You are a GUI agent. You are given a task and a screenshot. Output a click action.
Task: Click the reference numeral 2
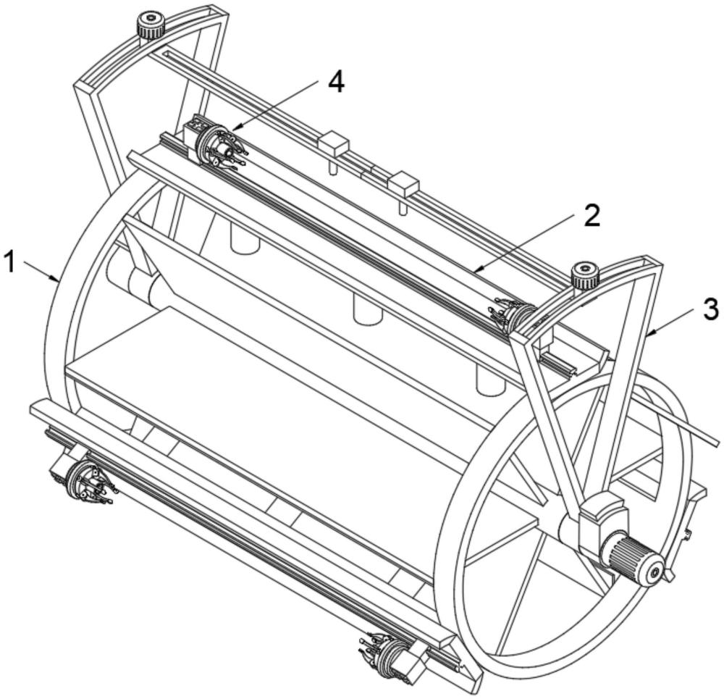(592, 215)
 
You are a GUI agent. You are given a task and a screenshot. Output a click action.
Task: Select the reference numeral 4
(336, 83)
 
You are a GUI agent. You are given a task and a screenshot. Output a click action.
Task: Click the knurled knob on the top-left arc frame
(151, 26)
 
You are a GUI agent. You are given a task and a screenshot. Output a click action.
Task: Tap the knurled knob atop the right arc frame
(585, 276)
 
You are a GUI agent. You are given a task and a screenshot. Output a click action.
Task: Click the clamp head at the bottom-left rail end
(88, 482)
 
